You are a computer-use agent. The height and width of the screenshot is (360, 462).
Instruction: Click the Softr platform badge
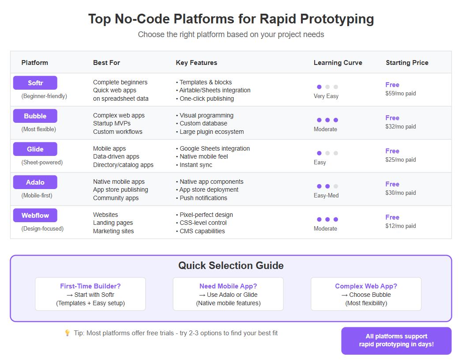35,83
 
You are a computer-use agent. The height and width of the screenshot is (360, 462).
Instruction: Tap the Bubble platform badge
35,116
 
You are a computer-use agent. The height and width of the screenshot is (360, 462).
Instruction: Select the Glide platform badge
35,149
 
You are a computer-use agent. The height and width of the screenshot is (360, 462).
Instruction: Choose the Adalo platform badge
35,182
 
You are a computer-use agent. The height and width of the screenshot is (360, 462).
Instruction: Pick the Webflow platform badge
35,215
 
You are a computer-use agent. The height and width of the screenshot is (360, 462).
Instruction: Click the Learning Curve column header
338,63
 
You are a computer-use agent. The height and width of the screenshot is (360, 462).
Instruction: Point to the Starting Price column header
407,63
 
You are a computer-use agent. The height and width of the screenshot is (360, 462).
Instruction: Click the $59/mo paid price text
400,94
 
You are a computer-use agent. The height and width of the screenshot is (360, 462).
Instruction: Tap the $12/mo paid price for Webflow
400,226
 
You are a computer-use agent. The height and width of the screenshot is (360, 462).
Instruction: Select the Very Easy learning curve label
326,96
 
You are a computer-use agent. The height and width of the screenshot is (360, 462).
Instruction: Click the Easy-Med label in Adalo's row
326,196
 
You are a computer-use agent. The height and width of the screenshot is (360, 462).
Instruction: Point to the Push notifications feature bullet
202,198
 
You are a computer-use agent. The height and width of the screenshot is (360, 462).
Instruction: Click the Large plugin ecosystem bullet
210,132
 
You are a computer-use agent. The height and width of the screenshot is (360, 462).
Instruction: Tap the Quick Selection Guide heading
231,265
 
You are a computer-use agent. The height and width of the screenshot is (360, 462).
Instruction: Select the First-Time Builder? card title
90,286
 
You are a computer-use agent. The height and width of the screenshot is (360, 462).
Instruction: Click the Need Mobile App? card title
228,286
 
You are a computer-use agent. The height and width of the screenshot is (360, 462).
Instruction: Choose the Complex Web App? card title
366,286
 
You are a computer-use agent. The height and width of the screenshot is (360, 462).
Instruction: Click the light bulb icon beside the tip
68,333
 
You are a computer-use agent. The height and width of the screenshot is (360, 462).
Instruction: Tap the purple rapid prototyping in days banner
396,341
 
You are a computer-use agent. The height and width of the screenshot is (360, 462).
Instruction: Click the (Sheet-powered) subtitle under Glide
42,163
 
